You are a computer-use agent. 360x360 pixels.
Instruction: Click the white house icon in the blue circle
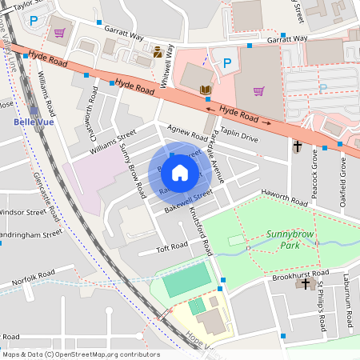[x=180, y=172]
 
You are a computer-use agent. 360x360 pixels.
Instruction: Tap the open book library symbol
[x=205, y=90]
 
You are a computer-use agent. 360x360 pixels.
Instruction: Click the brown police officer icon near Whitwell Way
[x=158, y=52]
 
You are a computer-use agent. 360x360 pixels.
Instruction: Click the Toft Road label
[x=171, y=249]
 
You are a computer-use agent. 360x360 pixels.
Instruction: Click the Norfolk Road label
[x=33, y=274]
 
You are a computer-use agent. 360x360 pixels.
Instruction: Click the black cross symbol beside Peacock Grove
[x=297, y=146]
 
